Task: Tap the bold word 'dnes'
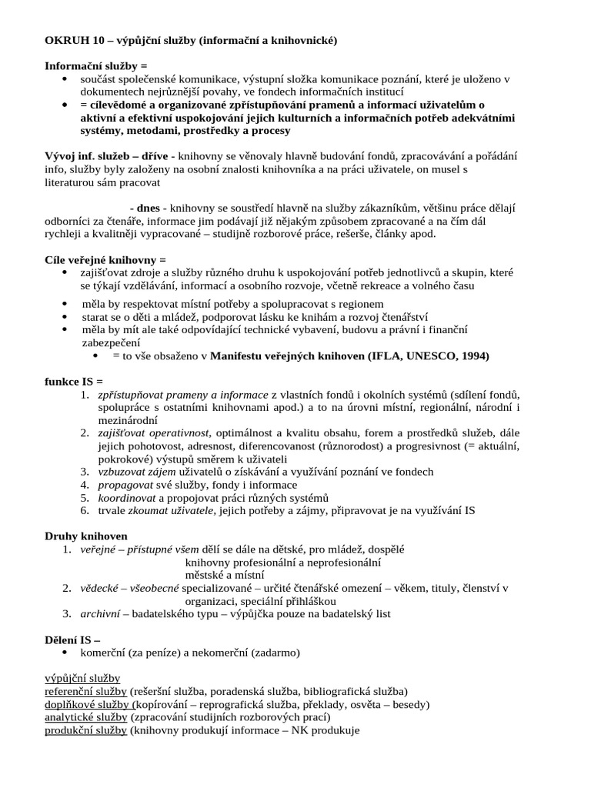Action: click(x=148, y=209)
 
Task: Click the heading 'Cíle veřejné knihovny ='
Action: click(x=105, y=260)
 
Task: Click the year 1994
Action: click(x=472, y=356)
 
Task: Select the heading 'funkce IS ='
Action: click(x=74, y=382)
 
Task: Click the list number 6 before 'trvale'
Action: click(x=84, y=511)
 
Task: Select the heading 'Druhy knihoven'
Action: click(x=86, y=536)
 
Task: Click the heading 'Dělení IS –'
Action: click(x=73, y=639)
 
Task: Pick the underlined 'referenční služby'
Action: click(x=86, y=691)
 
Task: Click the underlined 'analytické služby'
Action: click(x=85, y=717)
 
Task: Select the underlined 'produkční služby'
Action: click(x=85, y=730)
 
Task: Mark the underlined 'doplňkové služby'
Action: click(x=88, y=704)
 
